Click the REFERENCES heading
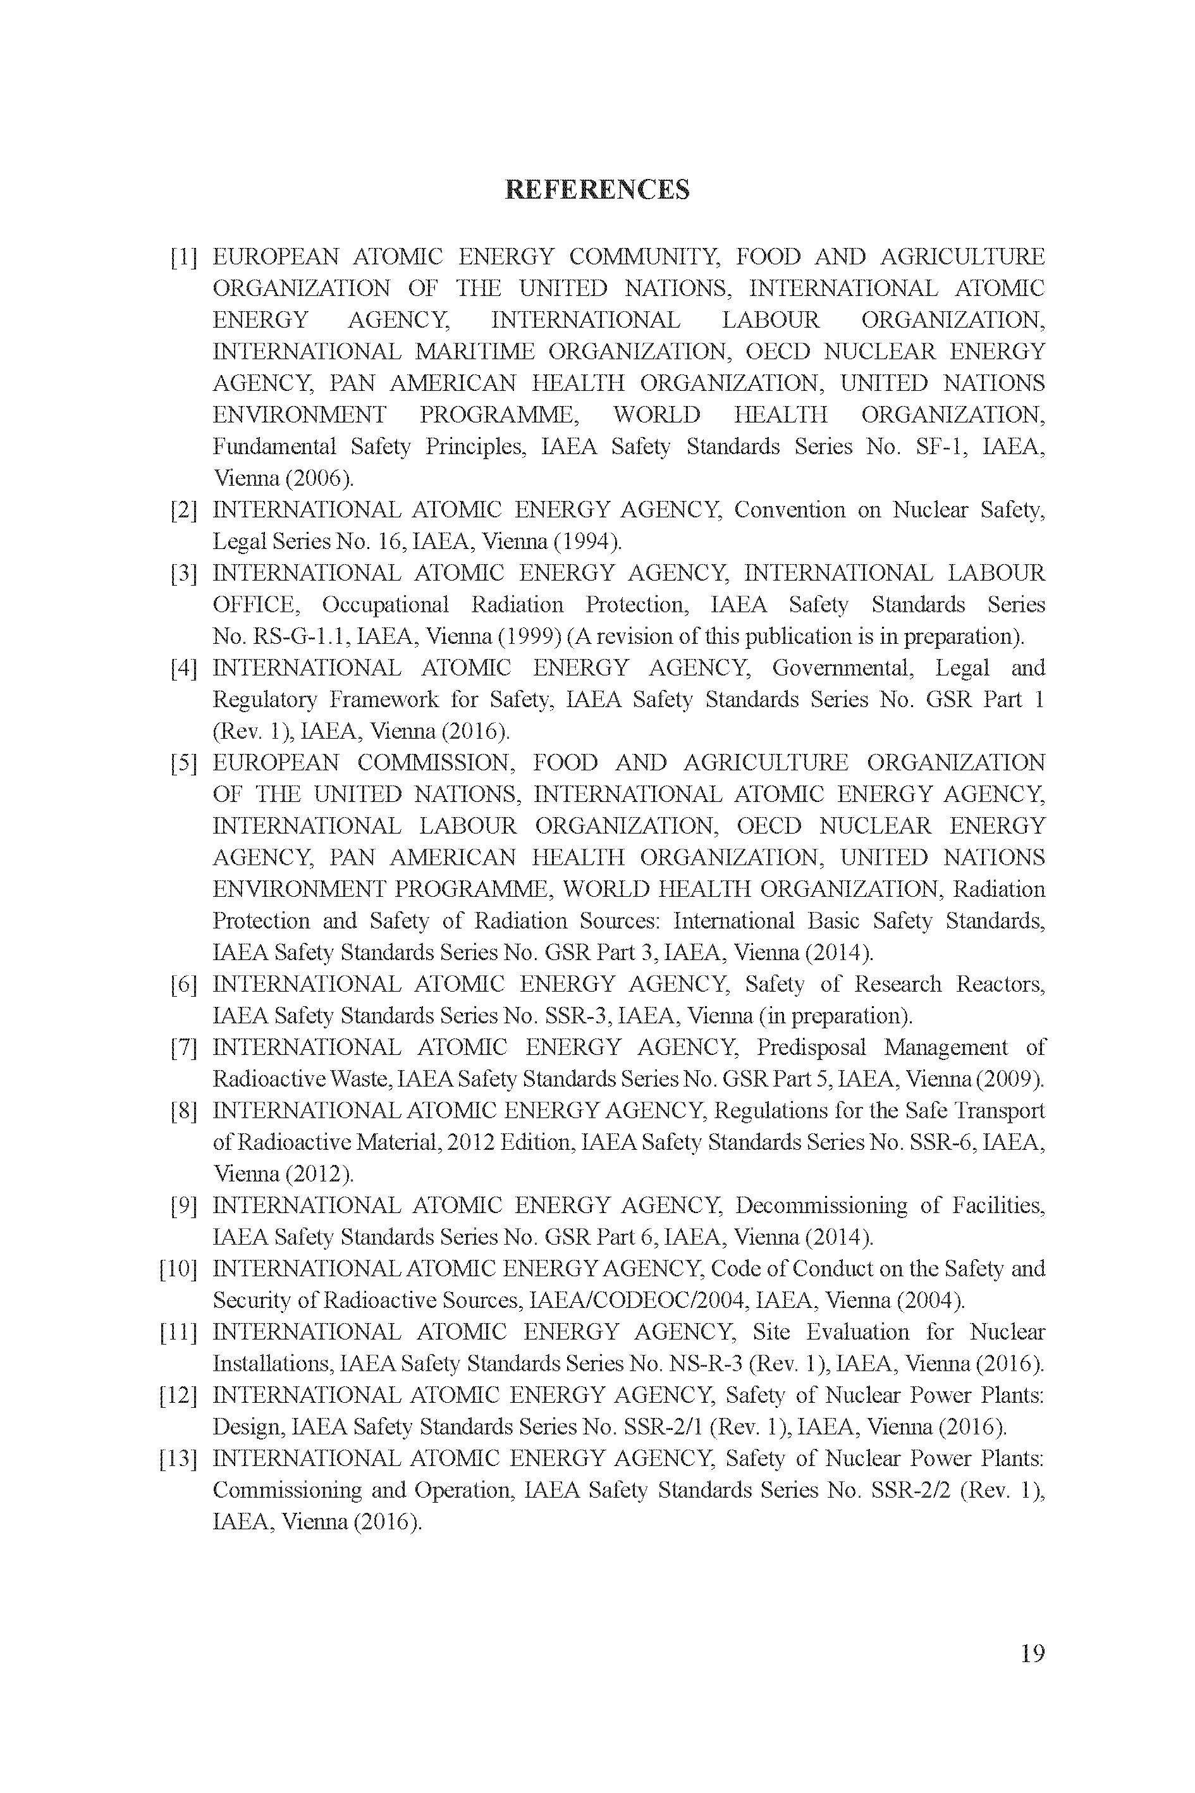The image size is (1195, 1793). pyautogui.click(x=597, y=190)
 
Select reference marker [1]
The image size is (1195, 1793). pyautogui.click(x=183, y=257)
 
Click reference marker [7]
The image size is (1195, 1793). pyautogui.click(x=183, y=1047)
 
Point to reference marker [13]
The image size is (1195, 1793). pyautogui.click(x=178, y=1458)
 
